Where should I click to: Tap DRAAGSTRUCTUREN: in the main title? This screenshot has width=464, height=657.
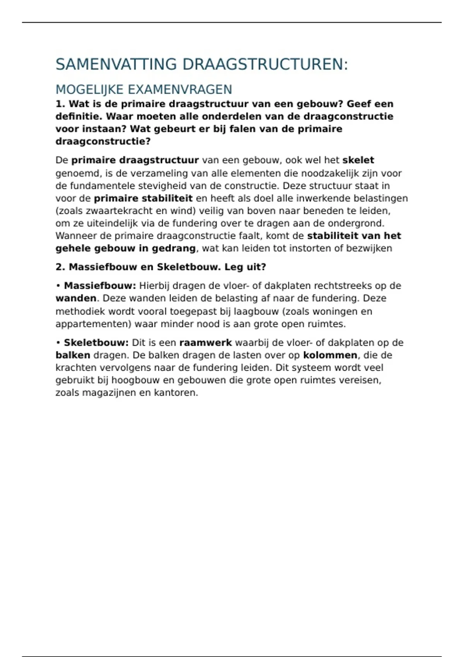265,65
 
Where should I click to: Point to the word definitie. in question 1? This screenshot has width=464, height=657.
79,116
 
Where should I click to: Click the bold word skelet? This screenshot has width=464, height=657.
358,160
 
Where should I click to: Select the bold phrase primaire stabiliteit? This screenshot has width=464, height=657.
143,199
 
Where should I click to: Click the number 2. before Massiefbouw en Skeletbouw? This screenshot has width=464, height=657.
60,267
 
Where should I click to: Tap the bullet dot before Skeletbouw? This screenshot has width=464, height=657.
58,343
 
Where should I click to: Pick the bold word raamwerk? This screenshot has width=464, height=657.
205,343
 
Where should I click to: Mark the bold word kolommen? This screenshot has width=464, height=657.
330,355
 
